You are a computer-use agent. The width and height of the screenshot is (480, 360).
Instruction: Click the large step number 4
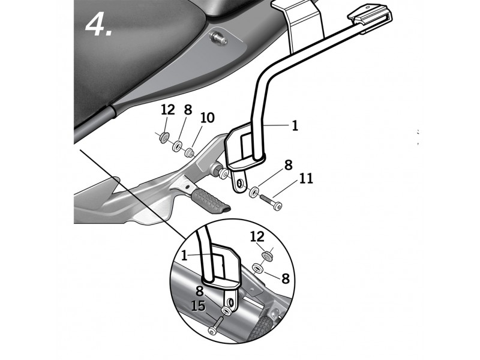pos(98,25)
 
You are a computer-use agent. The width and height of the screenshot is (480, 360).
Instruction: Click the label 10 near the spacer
pos(208,118)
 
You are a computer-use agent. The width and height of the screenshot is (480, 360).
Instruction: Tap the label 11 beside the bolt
pos(306,178)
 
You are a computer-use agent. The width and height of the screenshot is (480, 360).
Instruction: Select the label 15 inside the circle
pos(198,306)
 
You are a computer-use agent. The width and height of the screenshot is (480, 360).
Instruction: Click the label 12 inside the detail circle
pos(257,236)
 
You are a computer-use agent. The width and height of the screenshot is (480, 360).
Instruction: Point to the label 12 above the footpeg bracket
pos(168,110)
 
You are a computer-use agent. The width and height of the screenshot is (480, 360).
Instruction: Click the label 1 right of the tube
pos(295,125)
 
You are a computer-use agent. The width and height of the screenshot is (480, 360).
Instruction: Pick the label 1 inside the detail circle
pos(184,256)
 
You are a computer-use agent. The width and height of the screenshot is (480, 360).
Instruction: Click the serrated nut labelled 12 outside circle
pos(166,137)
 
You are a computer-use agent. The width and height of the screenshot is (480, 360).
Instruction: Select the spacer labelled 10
pos(190,152)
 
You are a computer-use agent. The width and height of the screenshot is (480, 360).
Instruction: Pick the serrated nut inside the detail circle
pos(268,256)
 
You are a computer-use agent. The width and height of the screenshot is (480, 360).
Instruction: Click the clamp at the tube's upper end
pos(370,19)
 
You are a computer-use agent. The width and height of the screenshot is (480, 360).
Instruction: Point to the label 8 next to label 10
pos(188,109)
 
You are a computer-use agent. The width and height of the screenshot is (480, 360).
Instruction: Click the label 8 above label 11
pos(289,165)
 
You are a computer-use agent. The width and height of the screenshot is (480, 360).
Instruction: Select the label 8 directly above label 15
pos(200,291)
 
